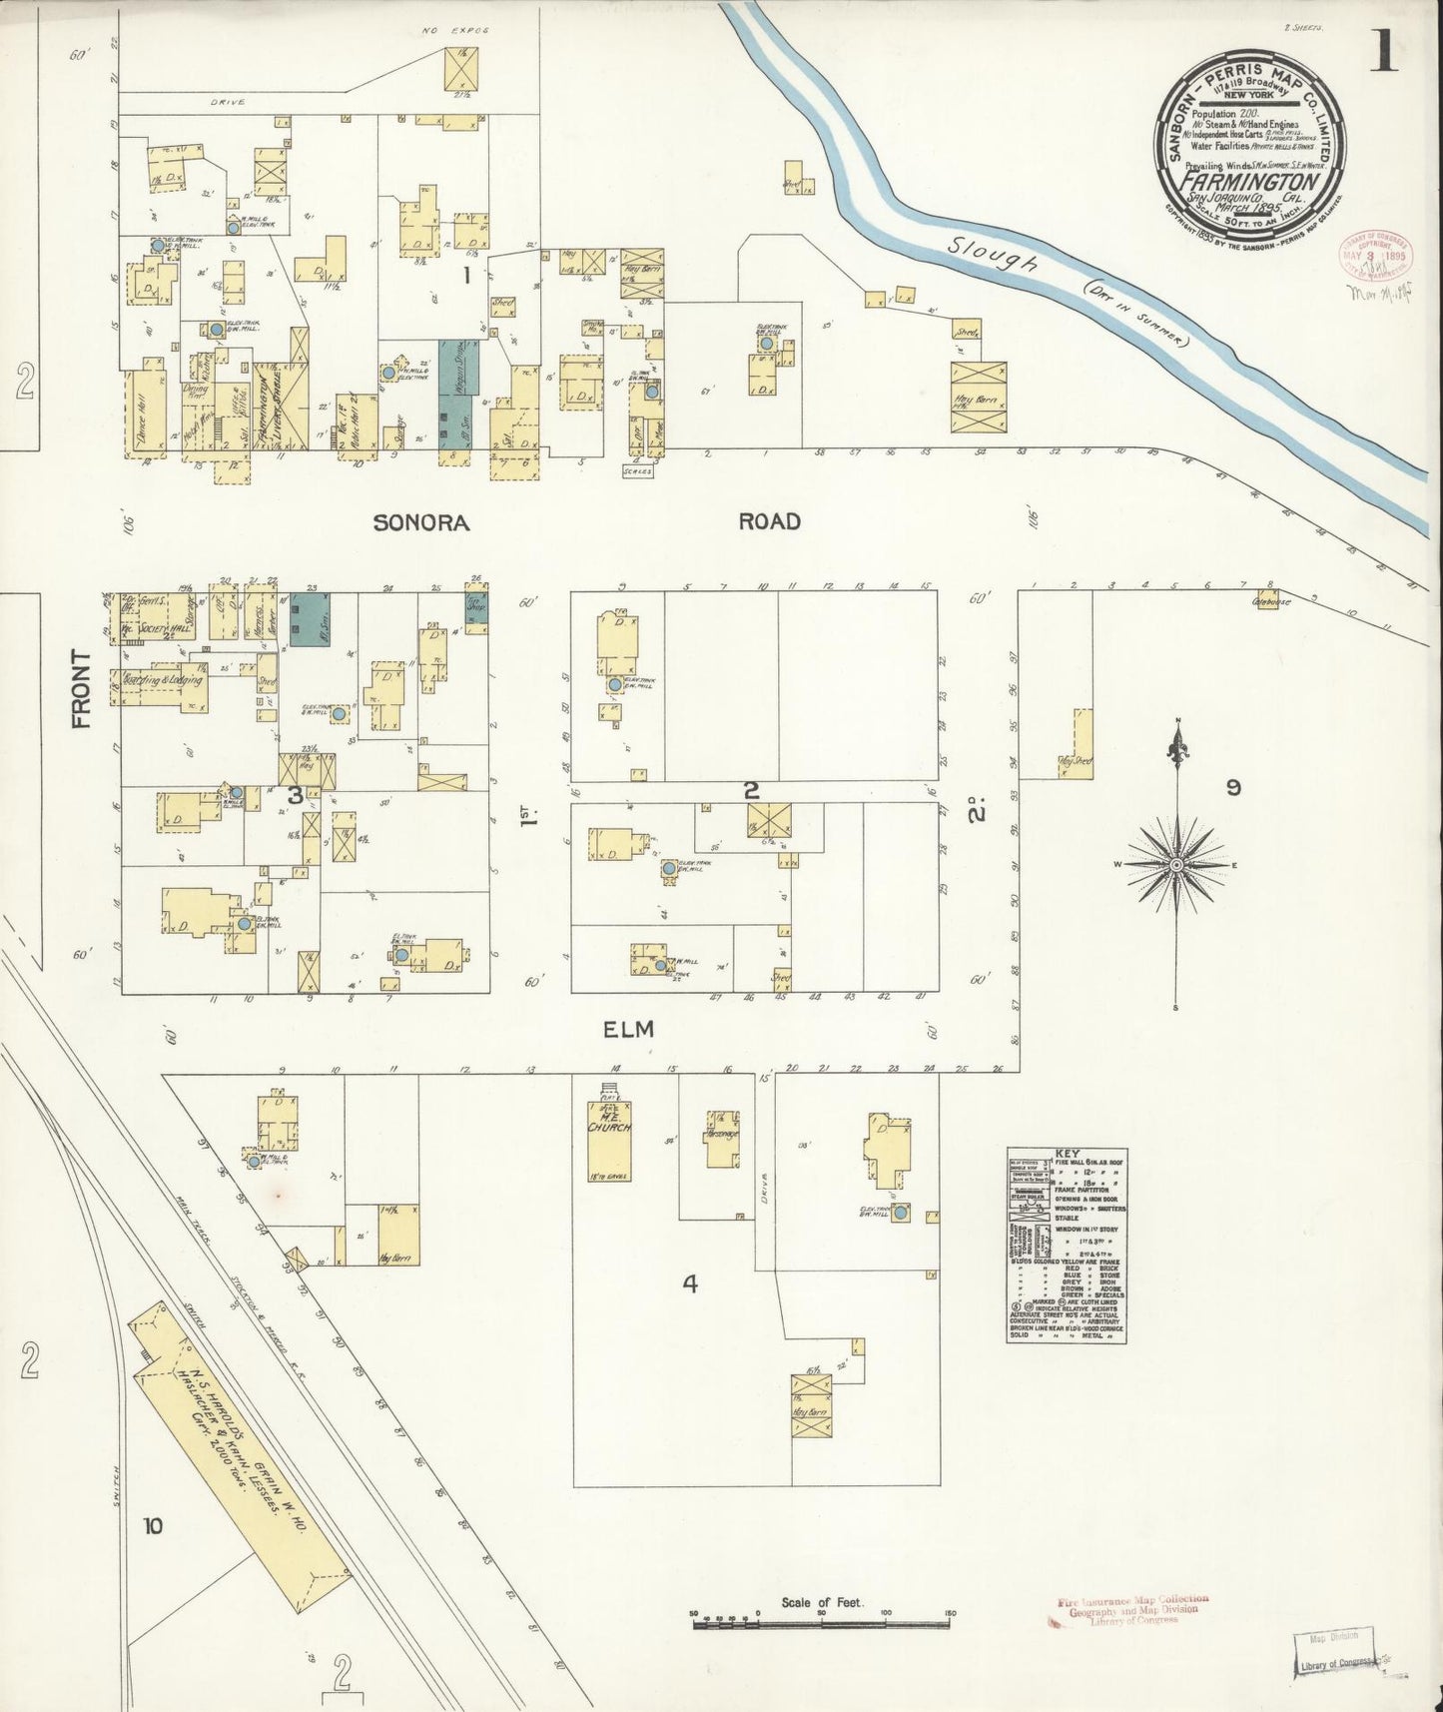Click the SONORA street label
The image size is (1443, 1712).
(420, 522)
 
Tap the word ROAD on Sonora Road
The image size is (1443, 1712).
(769, 521)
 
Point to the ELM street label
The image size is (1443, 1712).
(628, 1029)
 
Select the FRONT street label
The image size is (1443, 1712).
(81, 688)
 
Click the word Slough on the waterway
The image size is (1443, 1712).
(994, 258)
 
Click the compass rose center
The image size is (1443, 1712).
(1176, 864)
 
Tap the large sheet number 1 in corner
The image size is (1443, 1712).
(1383, 52)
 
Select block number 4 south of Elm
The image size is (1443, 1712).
(689, 1284)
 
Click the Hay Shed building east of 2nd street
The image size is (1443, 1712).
(1077, 747)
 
